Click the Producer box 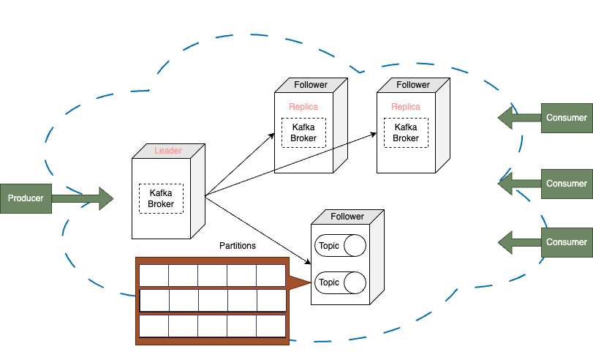[x=26, y=198]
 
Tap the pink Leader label [x=168, y=151]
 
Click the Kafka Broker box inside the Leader [x=161, y=198]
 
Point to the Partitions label [x=238, y=246]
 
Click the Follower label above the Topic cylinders [x=347, y=217]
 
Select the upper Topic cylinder [x=340, y=246]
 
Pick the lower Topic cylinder [x=340, y=282]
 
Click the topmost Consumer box [x=567, y=118]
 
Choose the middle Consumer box [x=567, y=184]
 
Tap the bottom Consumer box [x=567, y=242]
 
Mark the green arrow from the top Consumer [x=519, y=117]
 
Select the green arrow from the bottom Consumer [x=519, y=241]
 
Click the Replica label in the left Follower [x=303, y=107]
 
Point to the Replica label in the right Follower [x=406, y=107]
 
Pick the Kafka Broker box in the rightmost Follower [x=406, y=132]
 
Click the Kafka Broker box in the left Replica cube [x=303, y=132]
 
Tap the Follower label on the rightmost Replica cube [x=413, y=85]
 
